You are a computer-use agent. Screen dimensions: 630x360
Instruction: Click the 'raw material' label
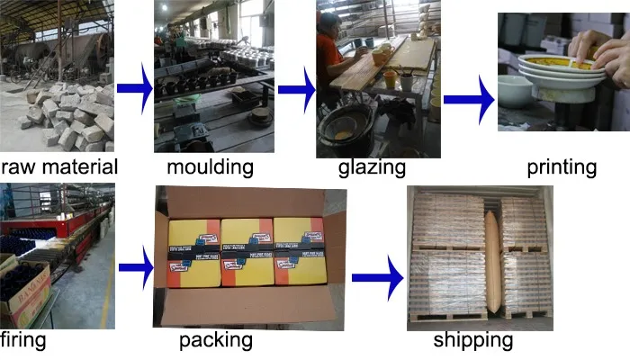(x=59, y=166)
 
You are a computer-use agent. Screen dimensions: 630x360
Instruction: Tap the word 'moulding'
(x=210, y=166)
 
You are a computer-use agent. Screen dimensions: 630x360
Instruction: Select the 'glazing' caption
(x=372, y=168)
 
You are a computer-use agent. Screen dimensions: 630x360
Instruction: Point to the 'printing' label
(x=562, y=166)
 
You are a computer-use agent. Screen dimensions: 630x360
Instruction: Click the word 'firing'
(x=23, y=340)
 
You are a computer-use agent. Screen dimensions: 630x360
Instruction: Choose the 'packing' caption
(x=216, y=340)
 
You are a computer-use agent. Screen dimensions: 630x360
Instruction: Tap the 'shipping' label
(x=472, y=340)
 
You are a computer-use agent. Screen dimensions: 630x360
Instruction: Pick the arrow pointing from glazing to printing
(x=469, y=99)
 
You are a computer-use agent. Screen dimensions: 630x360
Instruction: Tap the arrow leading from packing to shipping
(x=376, y=275)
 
